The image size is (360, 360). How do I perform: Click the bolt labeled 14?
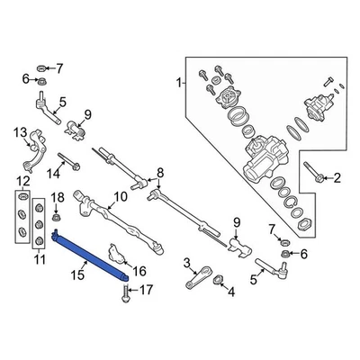click(71, 167)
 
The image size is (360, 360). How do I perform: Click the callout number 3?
click(186, 263)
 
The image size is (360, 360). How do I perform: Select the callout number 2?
click(337, 180)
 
